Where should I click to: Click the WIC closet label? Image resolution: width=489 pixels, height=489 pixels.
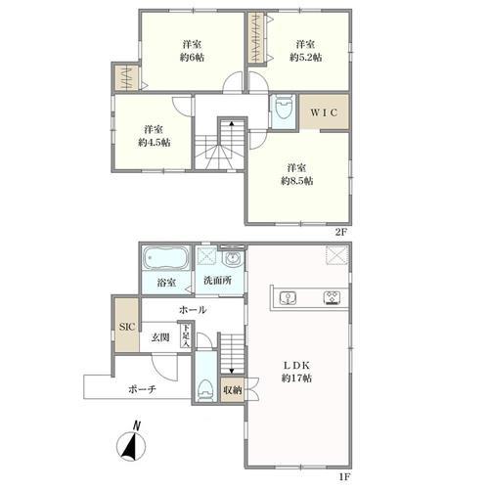(x=324, y=112)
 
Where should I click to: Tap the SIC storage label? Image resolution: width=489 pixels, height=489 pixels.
(x=127, y=327)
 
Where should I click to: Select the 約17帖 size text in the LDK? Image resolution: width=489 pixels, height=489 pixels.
(x=296, y=378)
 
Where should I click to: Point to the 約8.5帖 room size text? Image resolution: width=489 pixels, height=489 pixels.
(x=297, y=181)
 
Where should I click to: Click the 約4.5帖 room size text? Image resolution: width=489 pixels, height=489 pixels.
(x=154, y=143)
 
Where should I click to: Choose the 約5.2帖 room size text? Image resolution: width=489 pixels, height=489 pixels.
(x=306, y=58)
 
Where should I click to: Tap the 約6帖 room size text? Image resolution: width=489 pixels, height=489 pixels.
(x=193, y=58)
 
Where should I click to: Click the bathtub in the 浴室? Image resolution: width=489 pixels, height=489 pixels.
(x=166, y=258)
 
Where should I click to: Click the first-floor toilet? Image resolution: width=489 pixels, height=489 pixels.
(x=204, y=389)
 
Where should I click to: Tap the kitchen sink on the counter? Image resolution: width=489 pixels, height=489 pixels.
(x=288, y=298)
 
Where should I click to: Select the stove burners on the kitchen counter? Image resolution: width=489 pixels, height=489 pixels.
(x=333, y=298)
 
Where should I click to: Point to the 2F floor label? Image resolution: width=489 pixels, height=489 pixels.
(x=342, y=232)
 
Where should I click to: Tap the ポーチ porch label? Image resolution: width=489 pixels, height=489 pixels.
(x=143, y=389)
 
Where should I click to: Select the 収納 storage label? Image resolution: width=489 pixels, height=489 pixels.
(x=233, y=390)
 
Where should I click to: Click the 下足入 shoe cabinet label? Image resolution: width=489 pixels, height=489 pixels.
(x=186, y=335)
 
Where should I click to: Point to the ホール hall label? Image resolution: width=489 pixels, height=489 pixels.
(x=193, y=310)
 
